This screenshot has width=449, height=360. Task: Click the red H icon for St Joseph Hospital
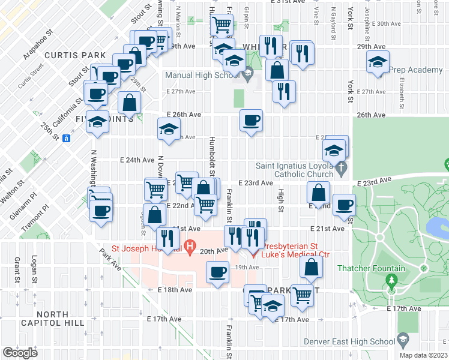click(190, 245)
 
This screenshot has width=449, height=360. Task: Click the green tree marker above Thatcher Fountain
click(391, 280)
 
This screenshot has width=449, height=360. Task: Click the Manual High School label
click(203, 75)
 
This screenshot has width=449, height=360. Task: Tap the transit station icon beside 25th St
click(67, 137)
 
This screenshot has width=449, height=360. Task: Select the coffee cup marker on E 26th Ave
click(251, 121)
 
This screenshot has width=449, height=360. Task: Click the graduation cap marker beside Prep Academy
click(378, 62)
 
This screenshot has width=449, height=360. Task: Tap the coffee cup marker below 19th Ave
click(217, 273)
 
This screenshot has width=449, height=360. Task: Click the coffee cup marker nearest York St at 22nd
click(344, 205)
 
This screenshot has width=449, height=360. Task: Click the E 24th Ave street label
click(137, 160)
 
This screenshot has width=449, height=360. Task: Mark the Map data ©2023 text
click(423, 355)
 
